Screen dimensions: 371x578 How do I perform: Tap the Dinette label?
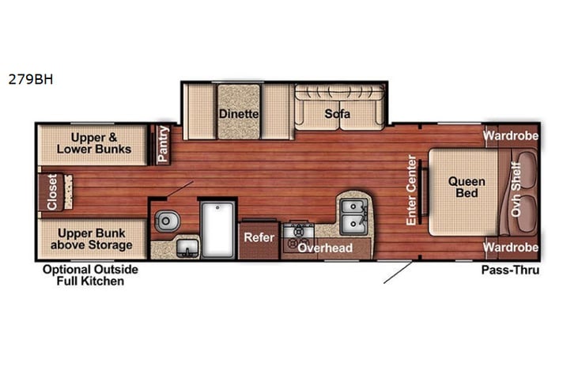coord(239,112)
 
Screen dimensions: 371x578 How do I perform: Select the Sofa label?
coord(338,113)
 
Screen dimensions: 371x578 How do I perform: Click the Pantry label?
coord(164,144)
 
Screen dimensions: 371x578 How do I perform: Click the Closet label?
coord(52,191)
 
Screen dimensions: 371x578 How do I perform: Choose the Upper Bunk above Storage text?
coord(93,240)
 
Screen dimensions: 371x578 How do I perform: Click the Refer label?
coord(259,237)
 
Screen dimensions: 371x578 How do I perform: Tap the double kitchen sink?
coord(352,214)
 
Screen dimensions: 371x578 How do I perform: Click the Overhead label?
coord(324,248)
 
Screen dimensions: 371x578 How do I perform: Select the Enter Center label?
coord(411,191)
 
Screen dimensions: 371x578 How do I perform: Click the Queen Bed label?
coord(467,187)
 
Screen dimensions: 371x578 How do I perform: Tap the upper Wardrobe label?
coord(511,135)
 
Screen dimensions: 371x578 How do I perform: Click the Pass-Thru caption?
coord(509,270)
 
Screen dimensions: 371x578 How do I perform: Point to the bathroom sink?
coord(187,248)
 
